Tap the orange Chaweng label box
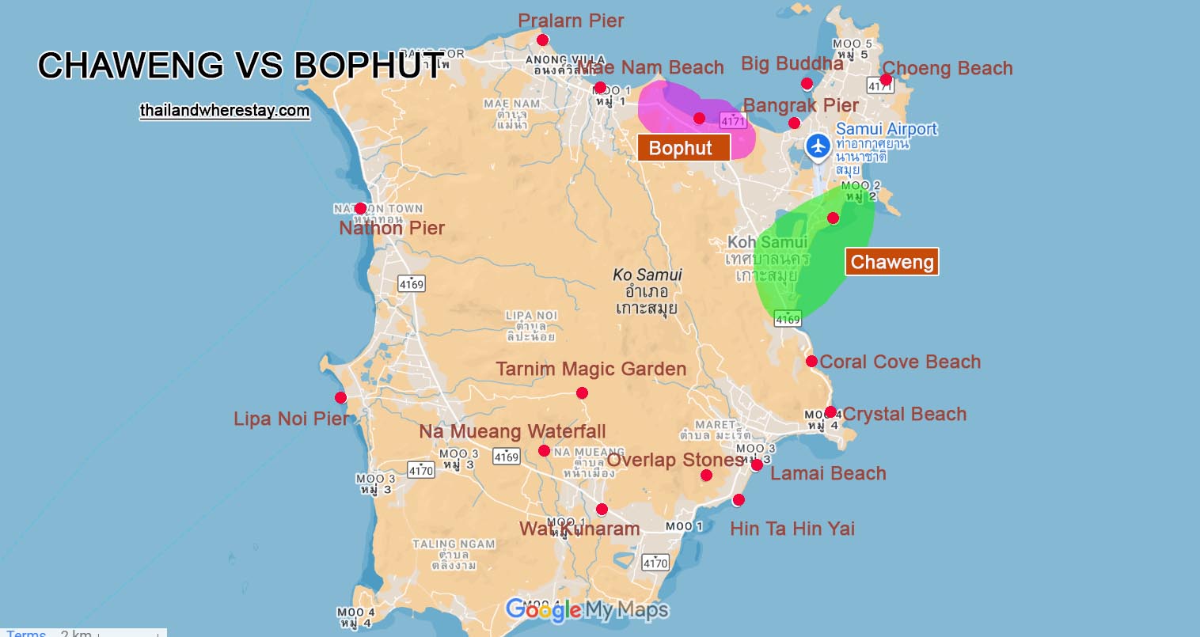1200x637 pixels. point(892,262)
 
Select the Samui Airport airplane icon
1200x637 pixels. point(818,146)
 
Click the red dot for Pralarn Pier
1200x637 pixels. point(542,40)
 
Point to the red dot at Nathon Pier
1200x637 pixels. point(360,209)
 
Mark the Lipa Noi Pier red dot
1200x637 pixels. point(340,397)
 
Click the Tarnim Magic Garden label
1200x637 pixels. point(591,369)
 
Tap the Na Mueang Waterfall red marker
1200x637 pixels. point(544,451)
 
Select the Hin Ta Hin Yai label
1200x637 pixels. point(792,529)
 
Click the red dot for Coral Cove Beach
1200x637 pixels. point(811,362)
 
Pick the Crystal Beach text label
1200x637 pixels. point(904,414)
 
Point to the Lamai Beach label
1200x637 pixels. point(828,473)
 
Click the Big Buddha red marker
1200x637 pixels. point(807,84)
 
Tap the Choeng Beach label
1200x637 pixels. point(947,68)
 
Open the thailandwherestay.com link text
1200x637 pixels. point(225,110)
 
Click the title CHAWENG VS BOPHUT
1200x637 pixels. point(241,66)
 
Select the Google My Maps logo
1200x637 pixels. point(587,610)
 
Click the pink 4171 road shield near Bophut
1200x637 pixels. point(733,120)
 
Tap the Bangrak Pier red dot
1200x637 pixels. point(794,123)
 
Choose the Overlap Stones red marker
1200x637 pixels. point(706,476)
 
